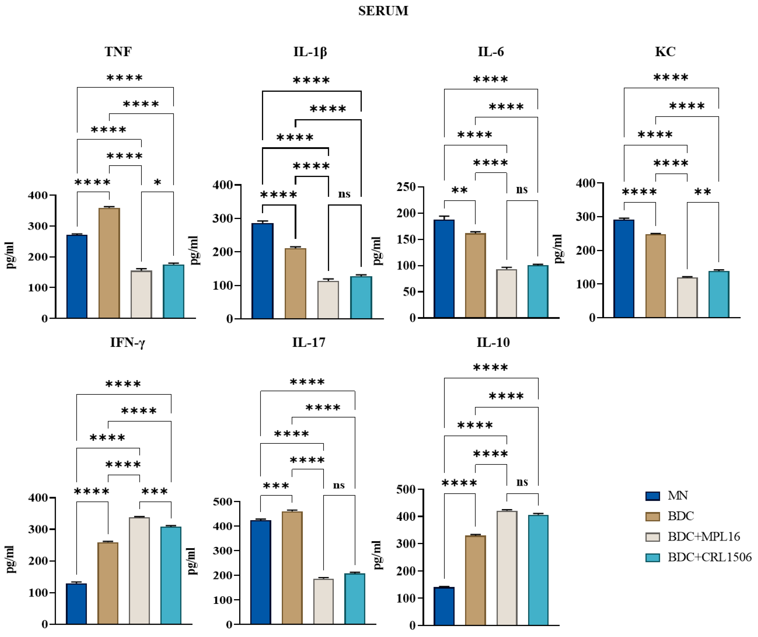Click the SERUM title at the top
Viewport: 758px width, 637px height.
pyautogui.click(x=383, y=11)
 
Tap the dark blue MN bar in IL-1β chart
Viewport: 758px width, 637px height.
pyautogui.click(x=262, y=271)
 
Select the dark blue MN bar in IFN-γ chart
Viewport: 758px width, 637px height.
pyautogui.click(x=76, y=604)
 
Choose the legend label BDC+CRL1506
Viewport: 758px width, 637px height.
pyautogui.click(x=709, y=557)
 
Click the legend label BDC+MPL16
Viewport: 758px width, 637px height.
pyautogui.click(x=703, y=537)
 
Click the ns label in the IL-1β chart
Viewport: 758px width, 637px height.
pyautogui.click(x=344, y=194)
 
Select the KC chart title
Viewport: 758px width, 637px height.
pyautogui.click(x=665, y=52)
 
